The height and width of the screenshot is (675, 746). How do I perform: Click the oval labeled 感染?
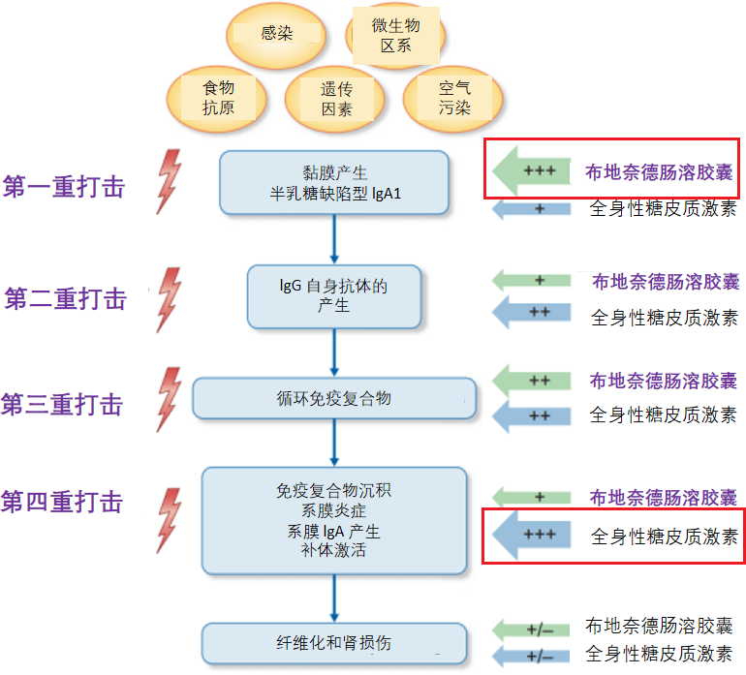[276, 35]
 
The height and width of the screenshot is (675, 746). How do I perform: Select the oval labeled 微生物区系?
[395, 37]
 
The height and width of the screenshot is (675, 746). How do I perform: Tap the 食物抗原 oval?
[217, 98]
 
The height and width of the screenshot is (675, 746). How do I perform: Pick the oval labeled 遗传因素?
[336, 99]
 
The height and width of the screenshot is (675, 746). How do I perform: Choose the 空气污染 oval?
[453, 98]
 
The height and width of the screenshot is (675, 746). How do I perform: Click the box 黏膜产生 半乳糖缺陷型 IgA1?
[335, 182]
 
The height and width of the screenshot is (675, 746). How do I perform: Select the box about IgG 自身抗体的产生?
[334, 294]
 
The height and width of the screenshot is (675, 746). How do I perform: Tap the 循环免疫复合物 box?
[334, 398]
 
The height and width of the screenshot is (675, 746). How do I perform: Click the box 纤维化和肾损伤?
[334, 643]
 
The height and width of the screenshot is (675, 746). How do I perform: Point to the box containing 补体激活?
[334, 518]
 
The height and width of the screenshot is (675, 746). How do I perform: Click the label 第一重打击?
[65, 187]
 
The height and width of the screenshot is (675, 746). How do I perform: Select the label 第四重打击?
[63, 502]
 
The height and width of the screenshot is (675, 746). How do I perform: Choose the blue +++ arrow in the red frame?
[532, 535]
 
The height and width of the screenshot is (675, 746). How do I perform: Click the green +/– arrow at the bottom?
[532, 629]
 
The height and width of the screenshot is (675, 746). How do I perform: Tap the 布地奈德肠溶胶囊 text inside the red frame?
[658, 172]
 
